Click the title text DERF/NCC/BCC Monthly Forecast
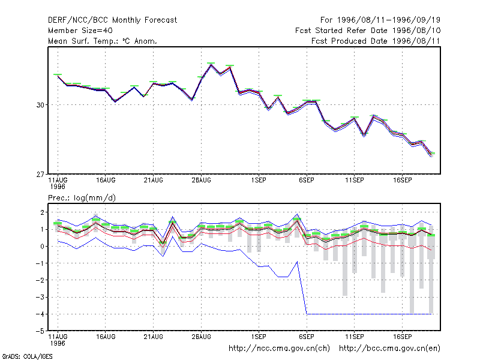112,20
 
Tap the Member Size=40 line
80,31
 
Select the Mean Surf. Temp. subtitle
102,41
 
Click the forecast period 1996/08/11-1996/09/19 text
380,20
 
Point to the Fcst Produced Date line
376,41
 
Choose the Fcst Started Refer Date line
368,31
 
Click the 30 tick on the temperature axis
40,105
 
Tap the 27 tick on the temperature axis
40,175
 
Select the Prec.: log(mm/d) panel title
82,198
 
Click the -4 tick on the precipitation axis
40,314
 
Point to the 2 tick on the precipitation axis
42,212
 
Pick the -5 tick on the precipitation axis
40,331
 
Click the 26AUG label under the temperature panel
202,181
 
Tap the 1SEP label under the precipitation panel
259,337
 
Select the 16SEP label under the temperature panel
402,181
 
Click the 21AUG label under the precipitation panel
154,337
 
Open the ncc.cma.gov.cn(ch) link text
279,349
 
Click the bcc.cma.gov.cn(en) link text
389,349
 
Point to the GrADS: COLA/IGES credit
27,356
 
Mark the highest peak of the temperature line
211,65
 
